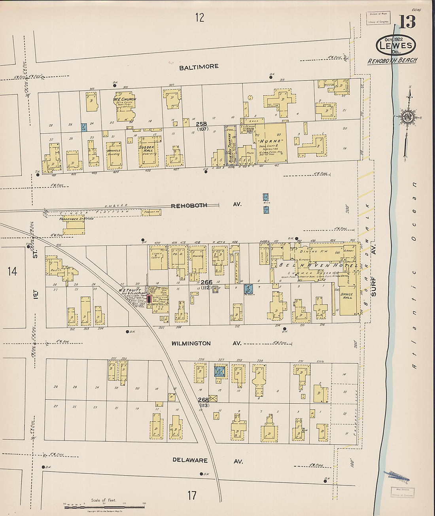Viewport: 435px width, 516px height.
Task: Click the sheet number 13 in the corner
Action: [407, 22]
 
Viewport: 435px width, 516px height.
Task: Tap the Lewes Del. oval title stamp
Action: [396, 45]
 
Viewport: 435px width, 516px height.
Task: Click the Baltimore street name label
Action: [199, 67]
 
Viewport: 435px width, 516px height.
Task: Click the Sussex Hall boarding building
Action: [148, 151]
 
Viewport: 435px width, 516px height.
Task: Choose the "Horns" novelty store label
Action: [271, 141]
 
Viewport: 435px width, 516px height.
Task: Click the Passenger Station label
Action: [77, 219]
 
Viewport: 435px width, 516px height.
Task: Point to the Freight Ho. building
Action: [151, 212]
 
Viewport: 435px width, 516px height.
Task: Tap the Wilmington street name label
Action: [191, 344]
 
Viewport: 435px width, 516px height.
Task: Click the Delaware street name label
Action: [190, 460]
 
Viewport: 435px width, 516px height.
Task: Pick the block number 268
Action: [203, 400]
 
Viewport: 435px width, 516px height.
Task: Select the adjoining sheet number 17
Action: [192, 495]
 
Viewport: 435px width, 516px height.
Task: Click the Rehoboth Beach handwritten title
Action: [392, 61]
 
